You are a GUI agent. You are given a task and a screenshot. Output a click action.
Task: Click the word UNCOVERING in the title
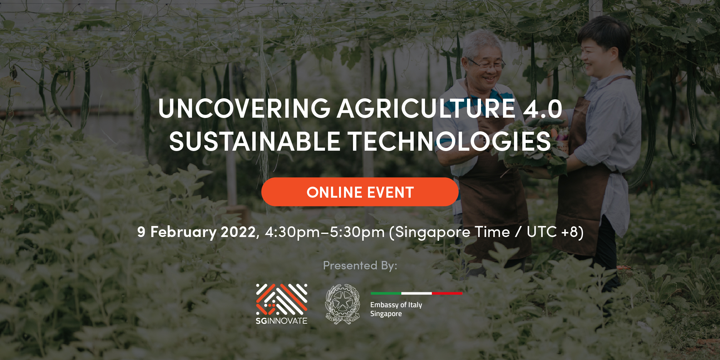(x=244, y=108)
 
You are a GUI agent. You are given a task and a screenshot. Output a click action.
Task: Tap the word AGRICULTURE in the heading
(x=426, y=108)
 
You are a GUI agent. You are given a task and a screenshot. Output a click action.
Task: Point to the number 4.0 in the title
(x=543, y=109)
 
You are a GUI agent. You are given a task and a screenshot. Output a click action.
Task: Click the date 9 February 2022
(x=196, y=232)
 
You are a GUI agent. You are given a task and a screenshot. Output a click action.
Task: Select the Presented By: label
(x=360, y=266)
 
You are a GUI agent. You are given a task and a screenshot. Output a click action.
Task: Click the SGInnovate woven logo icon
(x=282, y=299)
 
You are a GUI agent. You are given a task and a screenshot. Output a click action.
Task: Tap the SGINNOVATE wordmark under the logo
(x=282, y=321)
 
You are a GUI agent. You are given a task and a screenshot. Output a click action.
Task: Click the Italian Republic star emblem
(x=343, y=304)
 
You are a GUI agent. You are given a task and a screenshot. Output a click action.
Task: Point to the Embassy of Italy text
(x=396, y=305)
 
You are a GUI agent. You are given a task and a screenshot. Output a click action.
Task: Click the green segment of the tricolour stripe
(x=386, y=293)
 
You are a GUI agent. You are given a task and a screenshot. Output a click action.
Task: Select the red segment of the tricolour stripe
(x=447, y=293)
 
